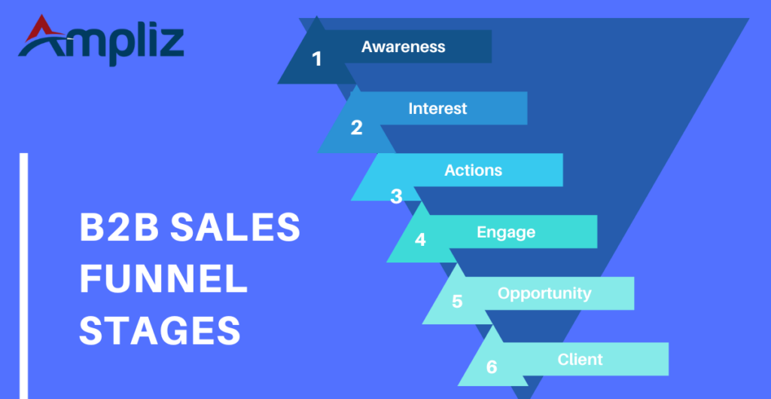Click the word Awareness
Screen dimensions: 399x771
pyautogui.click(x=403, y=47)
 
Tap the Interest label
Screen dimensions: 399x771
pyautogui.click(x=437, y=109)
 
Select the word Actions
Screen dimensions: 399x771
pyautogui.click(x=473, y=170)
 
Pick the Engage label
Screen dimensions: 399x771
pyautogui.click(x=506, y=232)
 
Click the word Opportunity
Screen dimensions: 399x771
pyautogui.click(x=544, y=293)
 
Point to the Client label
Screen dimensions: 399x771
pyautogui.click(x=580, y=359)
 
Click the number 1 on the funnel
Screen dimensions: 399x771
pyautogui.click(x=317, y=58)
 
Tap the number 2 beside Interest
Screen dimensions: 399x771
pyautogui.click(x=356, y=127)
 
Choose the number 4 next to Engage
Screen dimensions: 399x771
pyautogui.click(x=420, y=240)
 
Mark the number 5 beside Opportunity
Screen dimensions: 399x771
pyautogui.click(x=457, y=302)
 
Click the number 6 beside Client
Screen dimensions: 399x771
pyautogui.click(x=492, y=367)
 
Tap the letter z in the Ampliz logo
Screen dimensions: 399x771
pyautogui.click(x=170, y=44)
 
